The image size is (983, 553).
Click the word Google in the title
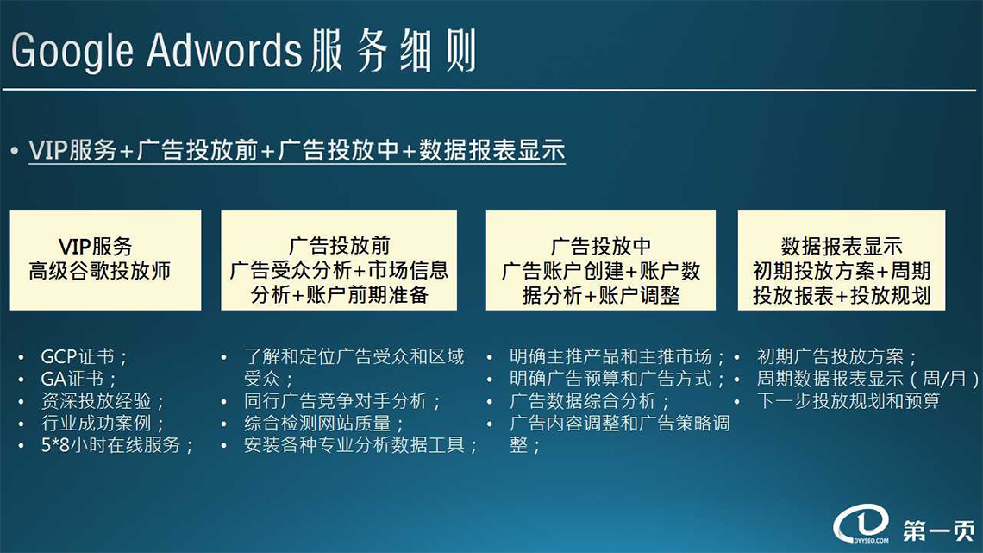pyautogui.click(x=72, y=50)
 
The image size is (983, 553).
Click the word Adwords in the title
pyautogui.click(x=225, y=49)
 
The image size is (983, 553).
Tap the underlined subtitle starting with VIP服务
pyautogui.click(x=297, y=150)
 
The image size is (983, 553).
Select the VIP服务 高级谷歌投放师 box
pyautogui.click(x=105, y=260)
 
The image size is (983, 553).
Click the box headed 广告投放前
pyautogui.click(x=339, y=260)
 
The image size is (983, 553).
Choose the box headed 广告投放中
pyautogui.click(x=601, y=260)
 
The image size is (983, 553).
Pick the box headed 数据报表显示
pyautogui.click(x=842, y=260)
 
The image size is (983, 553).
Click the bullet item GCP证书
pyautogui.click(x=84, y=357)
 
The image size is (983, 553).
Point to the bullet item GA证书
pyautogui.click(x=78, y=379)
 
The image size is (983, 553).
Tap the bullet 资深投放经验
pyautogui.click(x=103, y=400)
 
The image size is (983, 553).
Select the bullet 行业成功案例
pyautogui.click(x=103, y=423)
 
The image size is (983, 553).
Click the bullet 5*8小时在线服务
pyautogui.click(x=117, y=444)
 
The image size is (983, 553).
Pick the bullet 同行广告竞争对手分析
pyautogui.click(x=343, y=400)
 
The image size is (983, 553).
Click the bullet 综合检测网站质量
pyautogui.click(x=324, y=423)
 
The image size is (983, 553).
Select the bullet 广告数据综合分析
pyautogui.click(x=589, y=400)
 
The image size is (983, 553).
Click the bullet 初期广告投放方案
pyautogui.click(x=837, y=357)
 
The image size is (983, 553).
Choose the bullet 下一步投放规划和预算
pyautogui.click(x=848, y=400)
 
